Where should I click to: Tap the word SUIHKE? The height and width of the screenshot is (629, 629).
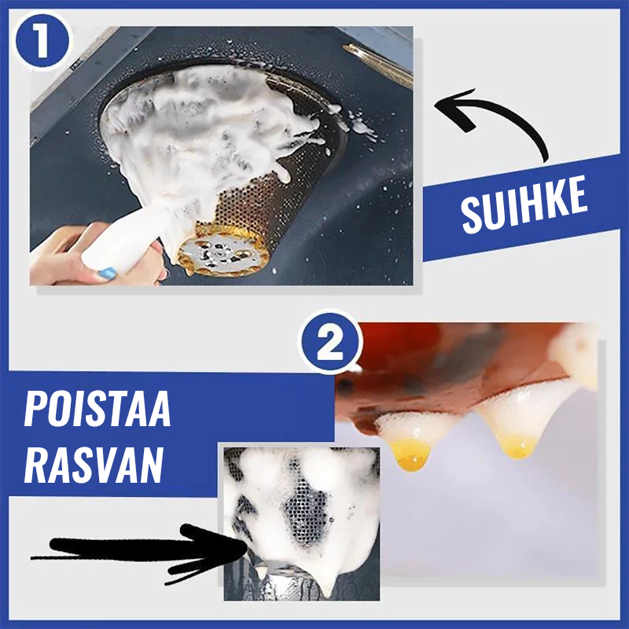(524, 206)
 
